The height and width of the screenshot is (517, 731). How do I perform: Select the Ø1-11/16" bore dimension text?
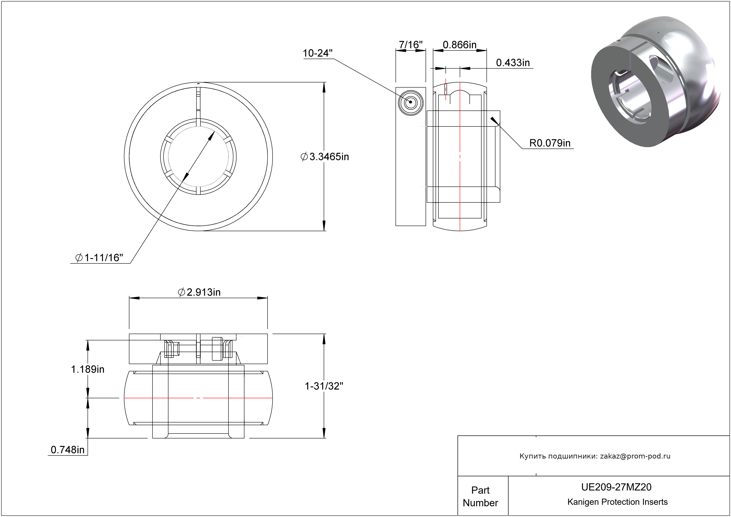[99, 258]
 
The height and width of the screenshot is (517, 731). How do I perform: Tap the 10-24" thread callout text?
[317, 53]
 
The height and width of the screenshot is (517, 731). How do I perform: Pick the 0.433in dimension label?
[513, 63]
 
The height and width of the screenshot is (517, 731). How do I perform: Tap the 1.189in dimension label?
[87, 369]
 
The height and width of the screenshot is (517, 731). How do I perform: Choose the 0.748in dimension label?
[68, 450]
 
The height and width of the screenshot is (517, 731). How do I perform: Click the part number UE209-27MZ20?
[616, 487]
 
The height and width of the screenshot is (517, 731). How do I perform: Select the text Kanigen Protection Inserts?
[617, 502]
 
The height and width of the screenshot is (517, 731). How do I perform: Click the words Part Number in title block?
[480, 496]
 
